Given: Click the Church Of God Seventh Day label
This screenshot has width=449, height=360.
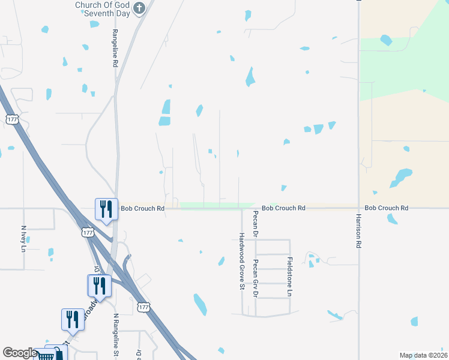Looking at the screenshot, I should coord(101,8).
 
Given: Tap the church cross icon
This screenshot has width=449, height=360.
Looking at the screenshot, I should coord(140,8).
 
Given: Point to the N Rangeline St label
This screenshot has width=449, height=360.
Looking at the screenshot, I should coord(115,335).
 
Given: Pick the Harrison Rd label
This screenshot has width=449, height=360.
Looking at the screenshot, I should coord(358,230).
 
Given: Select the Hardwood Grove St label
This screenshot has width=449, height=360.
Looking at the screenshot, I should coord(241,262).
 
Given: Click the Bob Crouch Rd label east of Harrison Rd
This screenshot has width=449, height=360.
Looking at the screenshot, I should coord(386,208).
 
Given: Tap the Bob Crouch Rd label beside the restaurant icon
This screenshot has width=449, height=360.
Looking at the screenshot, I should coord(142,209).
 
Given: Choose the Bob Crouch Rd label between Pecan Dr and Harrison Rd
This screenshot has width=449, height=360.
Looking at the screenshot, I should coord(283,208).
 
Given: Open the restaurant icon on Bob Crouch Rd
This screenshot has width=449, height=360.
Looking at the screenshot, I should coord(106,209).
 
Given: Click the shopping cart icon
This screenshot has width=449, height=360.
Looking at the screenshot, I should coord(47,356).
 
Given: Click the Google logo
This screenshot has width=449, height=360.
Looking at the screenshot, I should coord(19,353).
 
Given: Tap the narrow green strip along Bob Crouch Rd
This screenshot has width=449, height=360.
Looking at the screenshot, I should coord(216,205).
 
